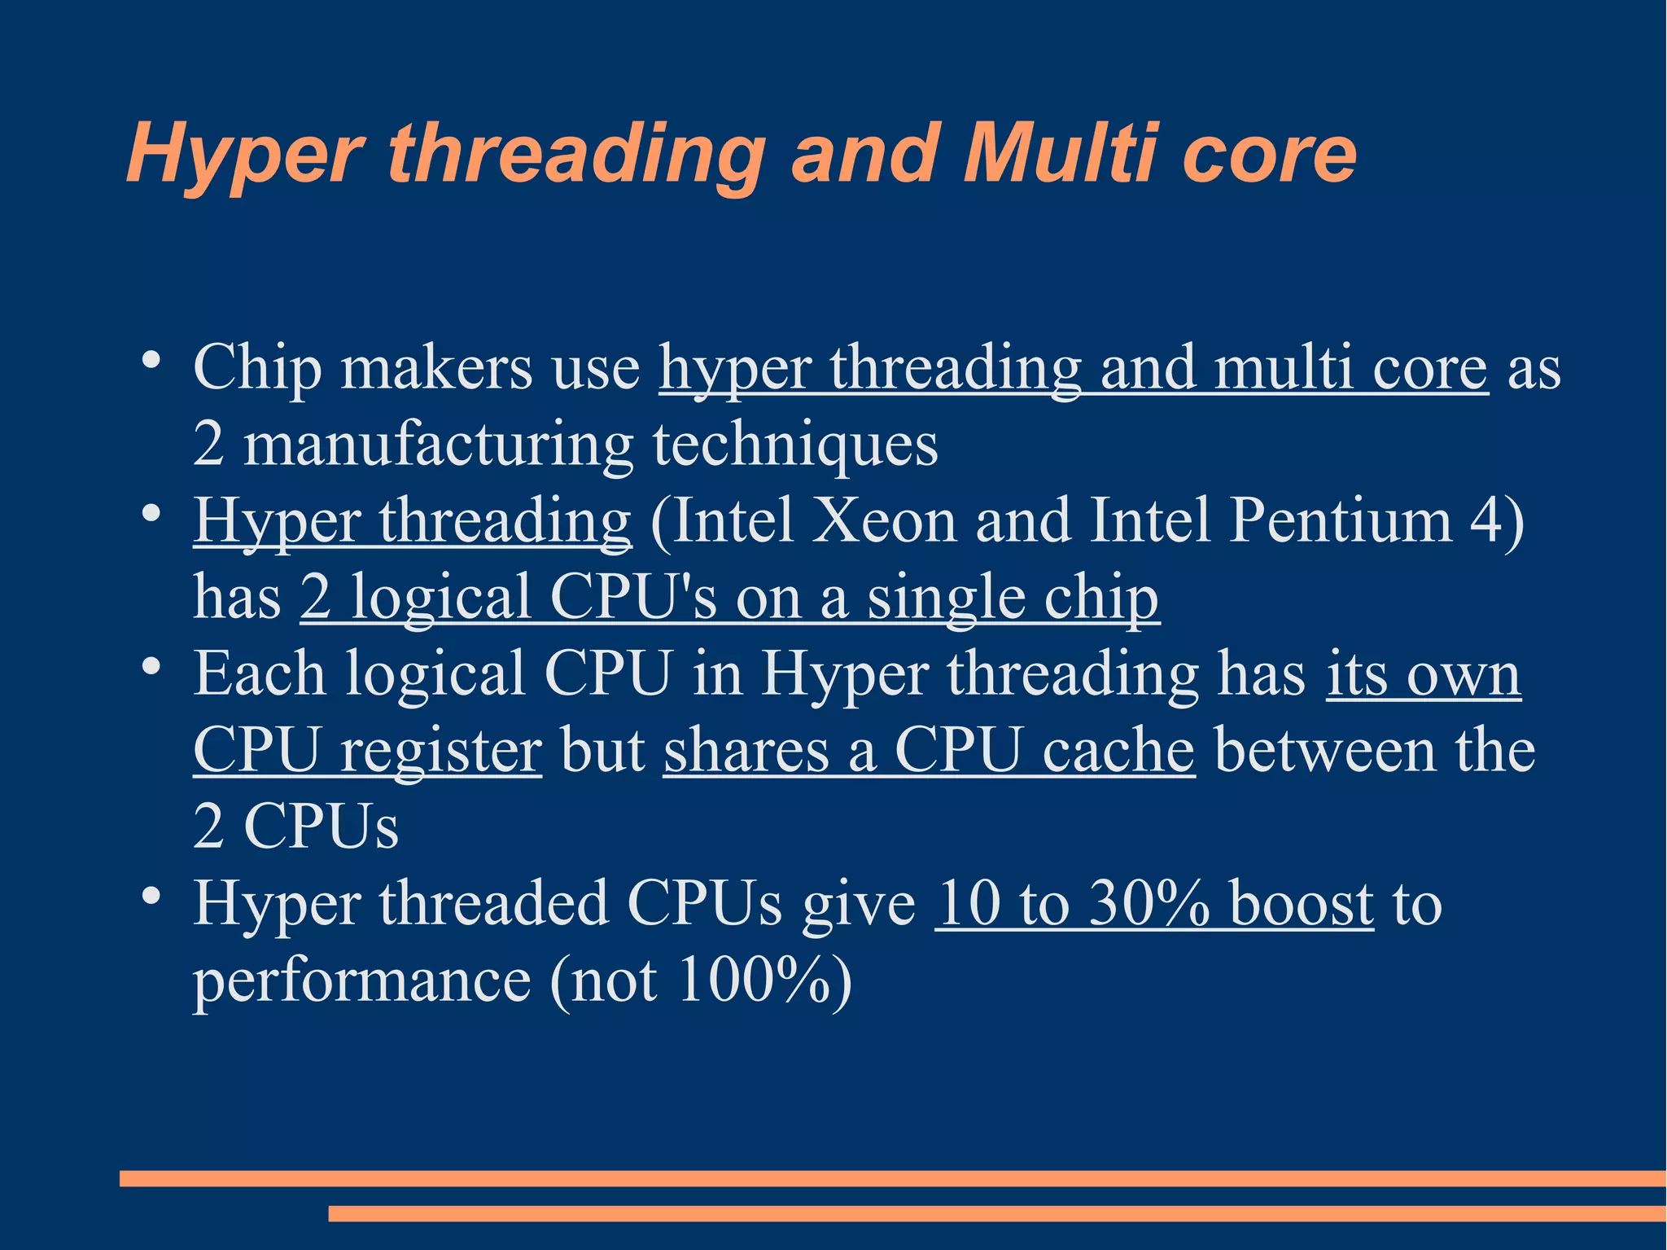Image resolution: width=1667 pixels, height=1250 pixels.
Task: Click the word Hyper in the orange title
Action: click(x=245, y=155)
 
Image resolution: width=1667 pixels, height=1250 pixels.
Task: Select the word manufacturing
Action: click(x=438, y=445)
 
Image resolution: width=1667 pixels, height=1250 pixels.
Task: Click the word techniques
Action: click(x=795, y=445)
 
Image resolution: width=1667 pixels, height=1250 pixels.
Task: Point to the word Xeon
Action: click(x=885, y=520)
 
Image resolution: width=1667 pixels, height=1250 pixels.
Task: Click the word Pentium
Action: click(x=1340, y=520)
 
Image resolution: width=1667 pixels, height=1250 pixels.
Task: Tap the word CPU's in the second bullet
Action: click(x=633, y=597)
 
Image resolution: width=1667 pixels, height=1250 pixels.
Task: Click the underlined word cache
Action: click(x=1118, y=750)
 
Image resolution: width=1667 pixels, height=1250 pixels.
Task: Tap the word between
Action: click(x=1325, y=750)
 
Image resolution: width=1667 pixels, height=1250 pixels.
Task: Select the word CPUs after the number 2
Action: click(x=321, y=827)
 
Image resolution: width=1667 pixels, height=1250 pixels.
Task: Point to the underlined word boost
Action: click(x=1301, y=903)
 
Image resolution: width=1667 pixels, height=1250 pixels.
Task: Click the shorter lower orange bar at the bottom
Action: click(x=996, y=1213)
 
